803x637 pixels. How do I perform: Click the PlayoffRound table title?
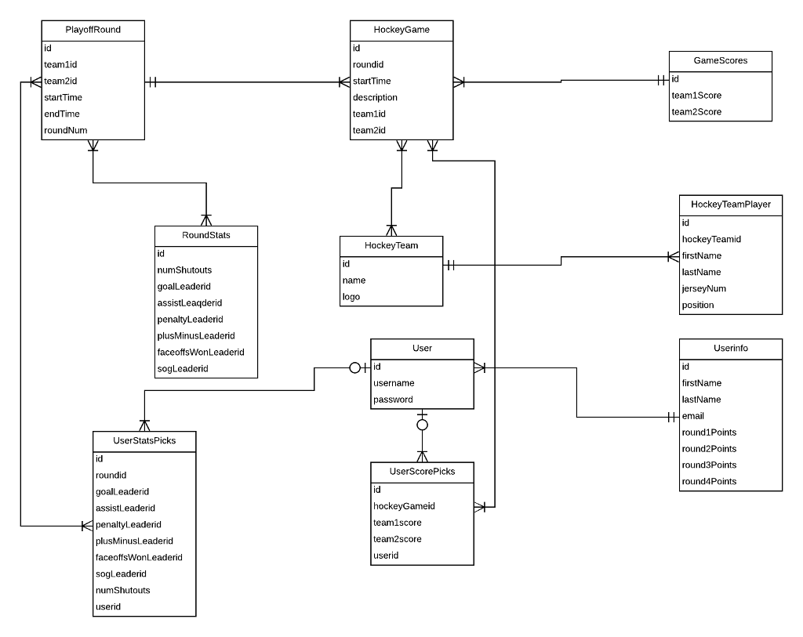[93, 31]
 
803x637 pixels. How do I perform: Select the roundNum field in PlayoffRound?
[66, 131]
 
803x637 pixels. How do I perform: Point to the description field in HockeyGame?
[375, 98]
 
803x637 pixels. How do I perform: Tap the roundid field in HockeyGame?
[368, 65]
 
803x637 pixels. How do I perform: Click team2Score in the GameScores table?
[696, 112]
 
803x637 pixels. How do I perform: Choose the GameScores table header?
[720, 60]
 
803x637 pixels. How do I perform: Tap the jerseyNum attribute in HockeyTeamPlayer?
[703, 288]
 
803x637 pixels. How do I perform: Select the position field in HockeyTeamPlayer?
[698, 305]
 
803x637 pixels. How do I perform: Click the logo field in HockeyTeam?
[351, 297]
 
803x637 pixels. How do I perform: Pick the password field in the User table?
[393, 400]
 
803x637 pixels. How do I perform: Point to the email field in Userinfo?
[693, 416]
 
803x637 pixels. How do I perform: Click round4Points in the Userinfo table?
[709, 481]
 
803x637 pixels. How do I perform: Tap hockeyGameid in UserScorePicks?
[404, 506]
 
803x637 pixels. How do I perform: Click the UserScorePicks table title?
[422, 472]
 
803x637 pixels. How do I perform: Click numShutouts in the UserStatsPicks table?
[122, 590]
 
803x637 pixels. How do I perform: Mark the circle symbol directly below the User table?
[422, 425]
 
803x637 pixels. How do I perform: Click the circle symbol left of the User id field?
[354, 367]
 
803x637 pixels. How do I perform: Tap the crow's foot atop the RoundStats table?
[206, 219]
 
